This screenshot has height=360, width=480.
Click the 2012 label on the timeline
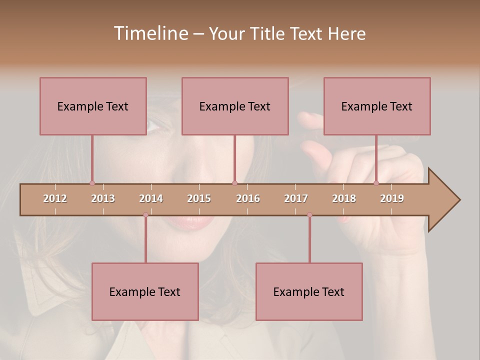pyautogui.click(x=55, y=198)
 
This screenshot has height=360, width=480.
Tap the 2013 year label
pyautogui.click(x=103, y=198)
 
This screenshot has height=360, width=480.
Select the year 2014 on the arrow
pyautogui.click(x=151, y=198)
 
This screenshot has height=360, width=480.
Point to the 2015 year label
pyautogui.click(x=199, y=198)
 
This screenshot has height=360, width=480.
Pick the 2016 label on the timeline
pyautogui.click(x=248, y=198)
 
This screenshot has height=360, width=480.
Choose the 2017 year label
pyautogui.click(x=296, y=198)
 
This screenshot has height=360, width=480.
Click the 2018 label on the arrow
pyautogui.click(x=344, y=198)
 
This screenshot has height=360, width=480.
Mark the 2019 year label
pyautogui.click(x=392, y=198)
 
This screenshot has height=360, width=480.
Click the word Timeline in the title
pyautogui.click(x=150, y=33)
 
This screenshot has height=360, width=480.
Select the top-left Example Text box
pyautogui.click(x=93, y=106)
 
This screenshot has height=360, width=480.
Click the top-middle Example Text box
pyautogui.click(x=235, y=106)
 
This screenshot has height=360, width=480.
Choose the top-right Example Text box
pyautogui.click(x=377, y=106)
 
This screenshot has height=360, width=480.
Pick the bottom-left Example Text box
pyautogui.click(x=145, y=291)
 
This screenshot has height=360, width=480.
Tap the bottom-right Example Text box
pyautogui.click(x=309, y=291)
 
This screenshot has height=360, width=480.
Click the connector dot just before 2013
pyautogui.click(x=92, y=183)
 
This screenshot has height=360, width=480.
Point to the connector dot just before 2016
pyautogui.click(x=234, y=183)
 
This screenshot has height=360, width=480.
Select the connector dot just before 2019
pyautogui.click(x=376, y=183)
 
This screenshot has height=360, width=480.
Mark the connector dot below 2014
pyautogui.click(x=145, y=215)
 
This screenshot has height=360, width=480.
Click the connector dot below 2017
pyautogui.click(x=309, y=215)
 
